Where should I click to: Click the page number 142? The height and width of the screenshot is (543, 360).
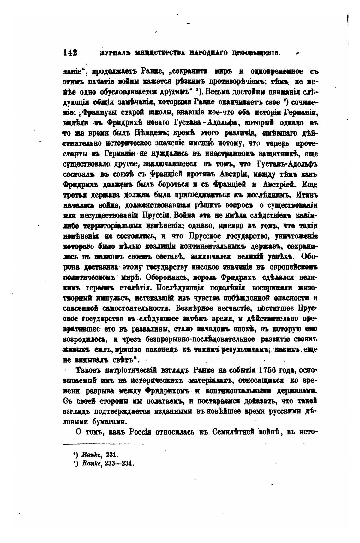(70, 52)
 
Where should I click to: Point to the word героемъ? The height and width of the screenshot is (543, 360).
(97, 287)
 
